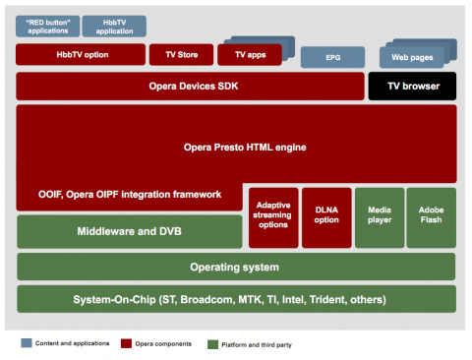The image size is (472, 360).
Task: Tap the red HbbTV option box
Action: coord(80,54)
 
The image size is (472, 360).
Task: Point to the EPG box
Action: coord(331,58)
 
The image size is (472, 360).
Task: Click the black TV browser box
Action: coord(412,87)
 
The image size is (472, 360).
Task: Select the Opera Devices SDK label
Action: coord(190,87)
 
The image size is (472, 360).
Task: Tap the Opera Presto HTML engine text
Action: coord(246,147)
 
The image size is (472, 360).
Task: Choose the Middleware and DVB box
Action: coord(129,232)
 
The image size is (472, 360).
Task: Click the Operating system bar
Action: coord(235,267)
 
